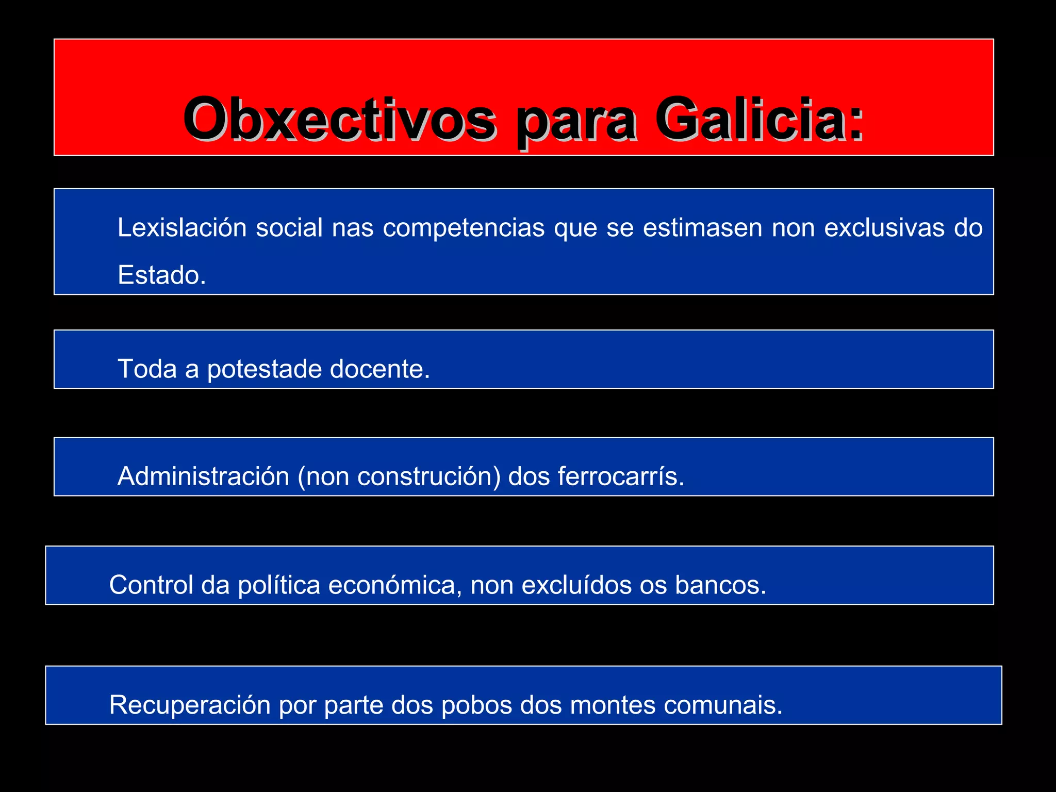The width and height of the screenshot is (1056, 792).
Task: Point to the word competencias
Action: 464,227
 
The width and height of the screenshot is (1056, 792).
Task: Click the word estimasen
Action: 702,227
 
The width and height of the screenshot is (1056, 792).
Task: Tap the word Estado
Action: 161,275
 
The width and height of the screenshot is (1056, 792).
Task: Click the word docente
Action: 379,369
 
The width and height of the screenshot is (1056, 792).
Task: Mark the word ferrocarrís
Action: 621,476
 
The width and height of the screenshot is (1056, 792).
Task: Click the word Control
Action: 152,585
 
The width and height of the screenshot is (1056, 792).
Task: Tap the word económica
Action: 395,585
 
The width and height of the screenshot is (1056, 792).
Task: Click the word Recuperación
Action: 190,705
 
